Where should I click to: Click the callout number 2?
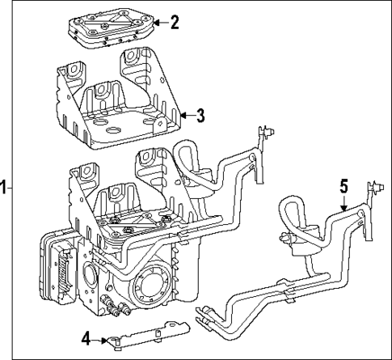coord(173,23)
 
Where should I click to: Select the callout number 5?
coord(344,185)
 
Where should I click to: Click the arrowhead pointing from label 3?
coord(183,115)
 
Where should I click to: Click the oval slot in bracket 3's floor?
coord(104,129)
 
